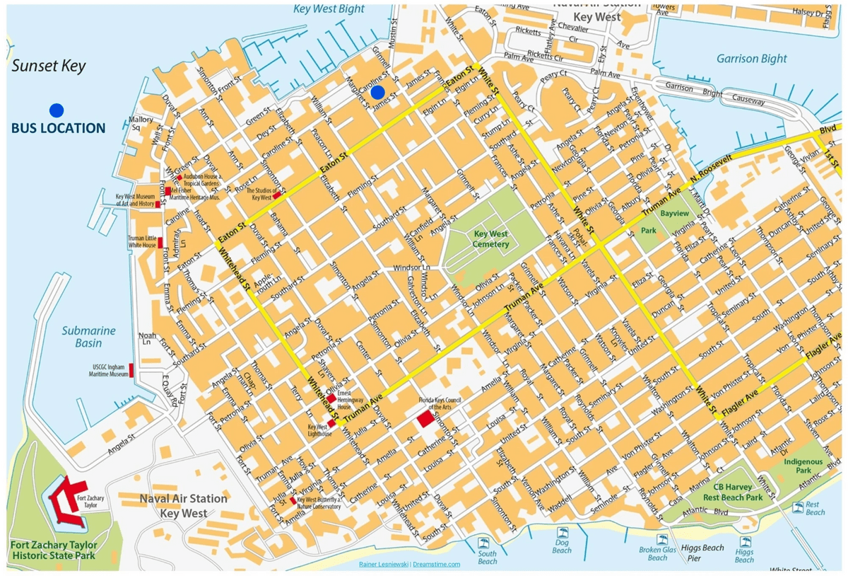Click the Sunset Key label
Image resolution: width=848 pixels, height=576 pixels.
(x=49, y=67)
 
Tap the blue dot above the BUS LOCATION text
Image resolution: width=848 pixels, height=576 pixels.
(x=57, y=110)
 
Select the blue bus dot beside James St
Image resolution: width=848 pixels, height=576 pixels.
(x=378, y=92)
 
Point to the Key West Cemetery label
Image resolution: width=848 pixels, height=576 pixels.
(x=491, y=239)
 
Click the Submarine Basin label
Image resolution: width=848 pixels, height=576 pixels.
(x=88, y=337)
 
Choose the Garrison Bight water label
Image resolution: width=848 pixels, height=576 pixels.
(x=752, y=59)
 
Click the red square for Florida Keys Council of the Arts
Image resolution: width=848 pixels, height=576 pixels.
(x=426, y=420)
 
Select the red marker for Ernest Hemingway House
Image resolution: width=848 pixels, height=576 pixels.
(x=331, y=399)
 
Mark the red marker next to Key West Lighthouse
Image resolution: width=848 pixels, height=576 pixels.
(x=331, y=422)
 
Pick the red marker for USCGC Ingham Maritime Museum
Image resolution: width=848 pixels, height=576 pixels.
(x=131, y=369)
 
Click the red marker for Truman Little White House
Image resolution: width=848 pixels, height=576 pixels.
(x=160, y=243)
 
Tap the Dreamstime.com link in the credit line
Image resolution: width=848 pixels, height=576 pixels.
(x=436, y=564)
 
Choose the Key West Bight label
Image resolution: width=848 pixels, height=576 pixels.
(x=329, y=9)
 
